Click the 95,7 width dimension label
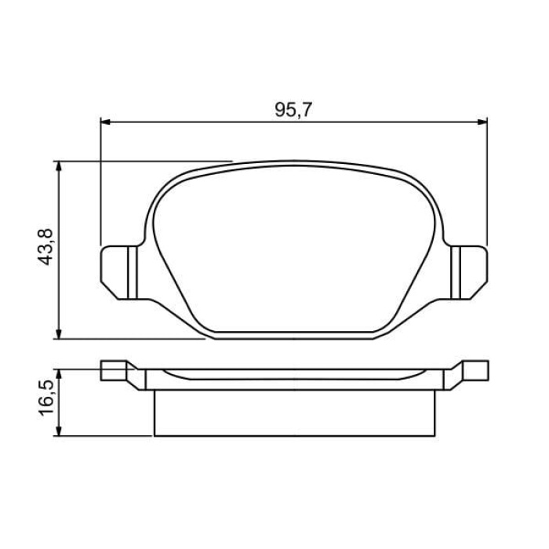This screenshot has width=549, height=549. click(293, 110)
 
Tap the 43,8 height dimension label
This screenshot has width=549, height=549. click(45, 247)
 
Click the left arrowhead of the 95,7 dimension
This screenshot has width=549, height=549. click(105, 122)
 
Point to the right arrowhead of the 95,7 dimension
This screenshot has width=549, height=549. click(482, 122)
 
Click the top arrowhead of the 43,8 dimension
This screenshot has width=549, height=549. click(60, 166)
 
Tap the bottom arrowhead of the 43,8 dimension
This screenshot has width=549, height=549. click(60, 333)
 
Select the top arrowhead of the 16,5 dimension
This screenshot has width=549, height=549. click(60, 374)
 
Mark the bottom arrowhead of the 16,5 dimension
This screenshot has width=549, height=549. click(60, 431)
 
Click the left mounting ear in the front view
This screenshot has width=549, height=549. click(118, 272)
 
